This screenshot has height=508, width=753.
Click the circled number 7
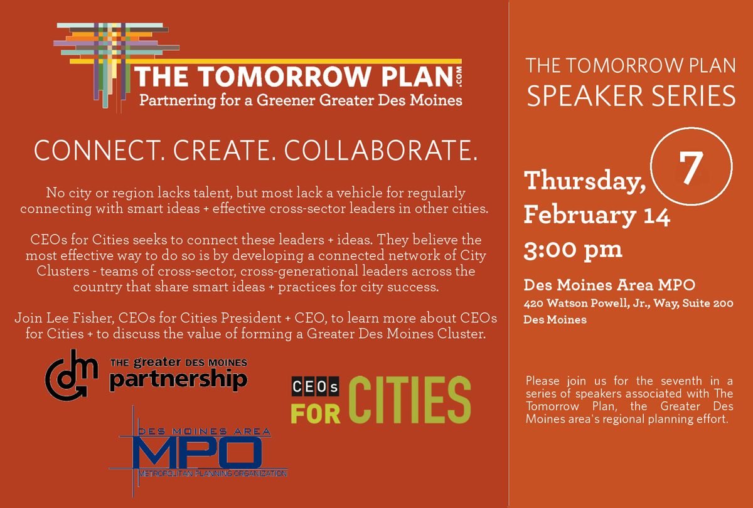point(691,166)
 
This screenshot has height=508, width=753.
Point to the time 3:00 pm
point(573,250)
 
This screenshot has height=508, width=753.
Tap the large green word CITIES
point(410,400)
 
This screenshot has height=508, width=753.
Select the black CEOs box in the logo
point(315,386)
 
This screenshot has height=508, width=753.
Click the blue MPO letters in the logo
point(198,453)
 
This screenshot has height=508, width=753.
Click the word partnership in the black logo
point(178,380)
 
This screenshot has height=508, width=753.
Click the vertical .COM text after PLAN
point(459,77)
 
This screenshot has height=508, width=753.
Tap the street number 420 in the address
point(533,304)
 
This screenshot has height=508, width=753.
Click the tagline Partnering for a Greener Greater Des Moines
point(301,100)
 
